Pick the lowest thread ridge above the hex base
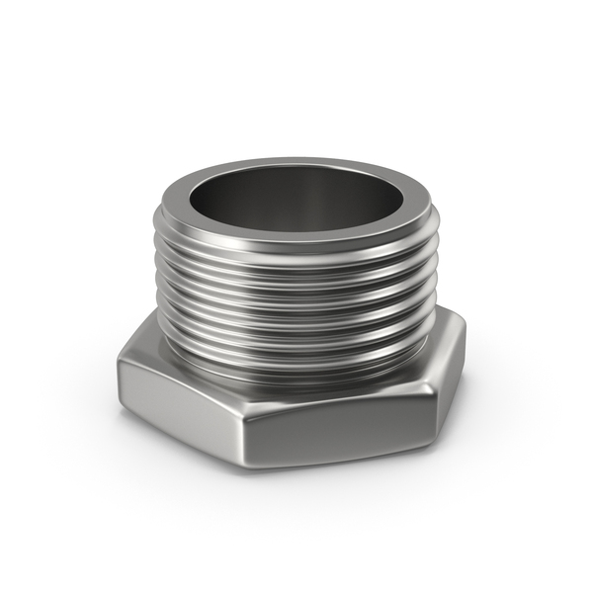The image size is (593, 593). (296, 361)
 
